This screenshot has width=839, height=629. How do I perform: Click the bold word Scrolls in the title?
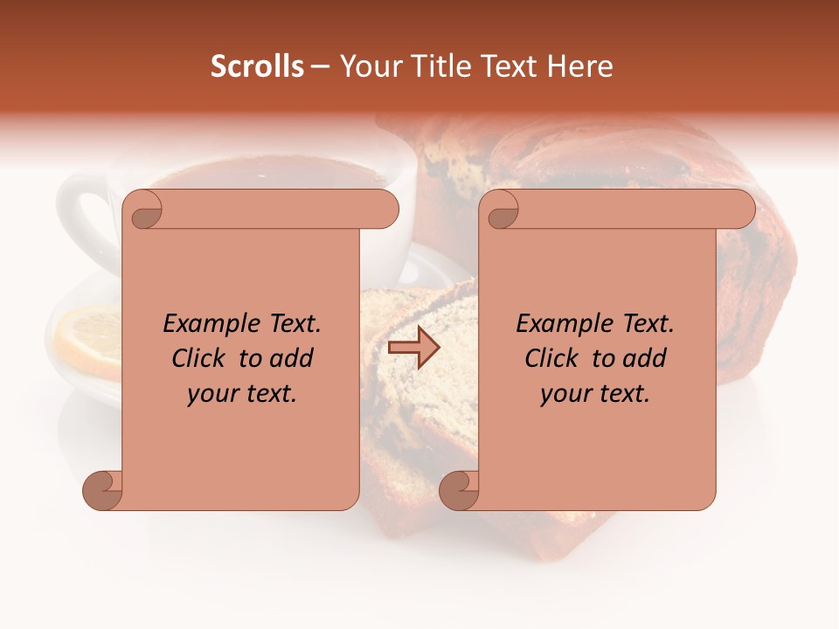coord(258,66)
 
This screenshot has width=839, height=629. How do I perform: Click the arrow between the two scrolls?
coord(413,348)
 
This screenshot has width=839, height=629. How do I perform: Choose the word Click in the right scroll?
coord(553,358)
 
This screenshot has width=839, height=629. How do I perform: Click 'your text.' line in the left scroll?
coord(242,394)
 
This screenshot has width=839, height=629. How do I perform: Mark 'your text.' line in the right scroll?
coord(595,394)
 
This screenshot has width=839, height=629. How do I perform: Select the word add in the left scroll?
coord(292,358)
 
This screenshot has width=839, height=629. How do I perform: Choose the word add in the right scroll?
coord(645,358)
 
